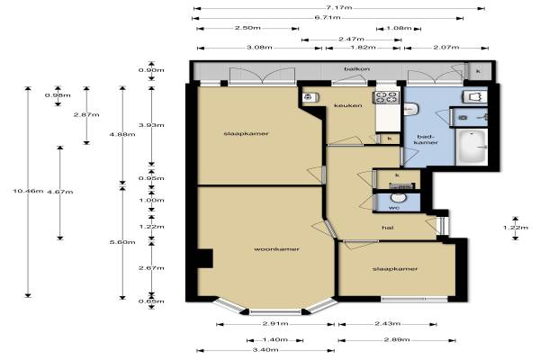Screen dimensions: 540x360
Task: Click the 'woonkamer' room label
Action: [276, 249]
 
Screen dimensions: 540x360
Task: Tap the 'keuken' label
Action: [347, 105]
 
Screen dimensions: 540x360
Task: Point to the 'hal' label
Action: [388, 228]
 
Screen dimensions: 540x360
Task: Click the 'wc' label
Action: [393, 208]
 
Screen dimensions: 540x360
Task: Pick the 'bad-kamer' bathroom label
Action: [425, 139]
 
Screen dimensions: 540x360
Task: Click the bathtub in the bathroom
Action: [472, 147]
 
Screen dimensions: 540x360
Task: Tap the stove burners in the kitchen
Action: [387, 97]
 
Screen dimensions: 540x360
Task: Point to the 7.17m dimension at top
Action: [338, 7]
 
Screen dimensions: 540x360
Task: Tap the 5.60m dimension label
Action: [122, 242]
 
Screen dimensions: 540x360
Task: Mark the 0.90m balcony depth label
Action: [151, 70]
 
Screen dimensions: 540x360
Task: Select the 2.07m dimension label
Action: [446, 47]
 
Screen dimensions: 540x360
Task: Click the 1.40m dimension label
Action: [274, 339]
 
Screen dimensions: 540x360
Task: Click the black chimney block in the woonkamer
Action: [204, 258]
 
